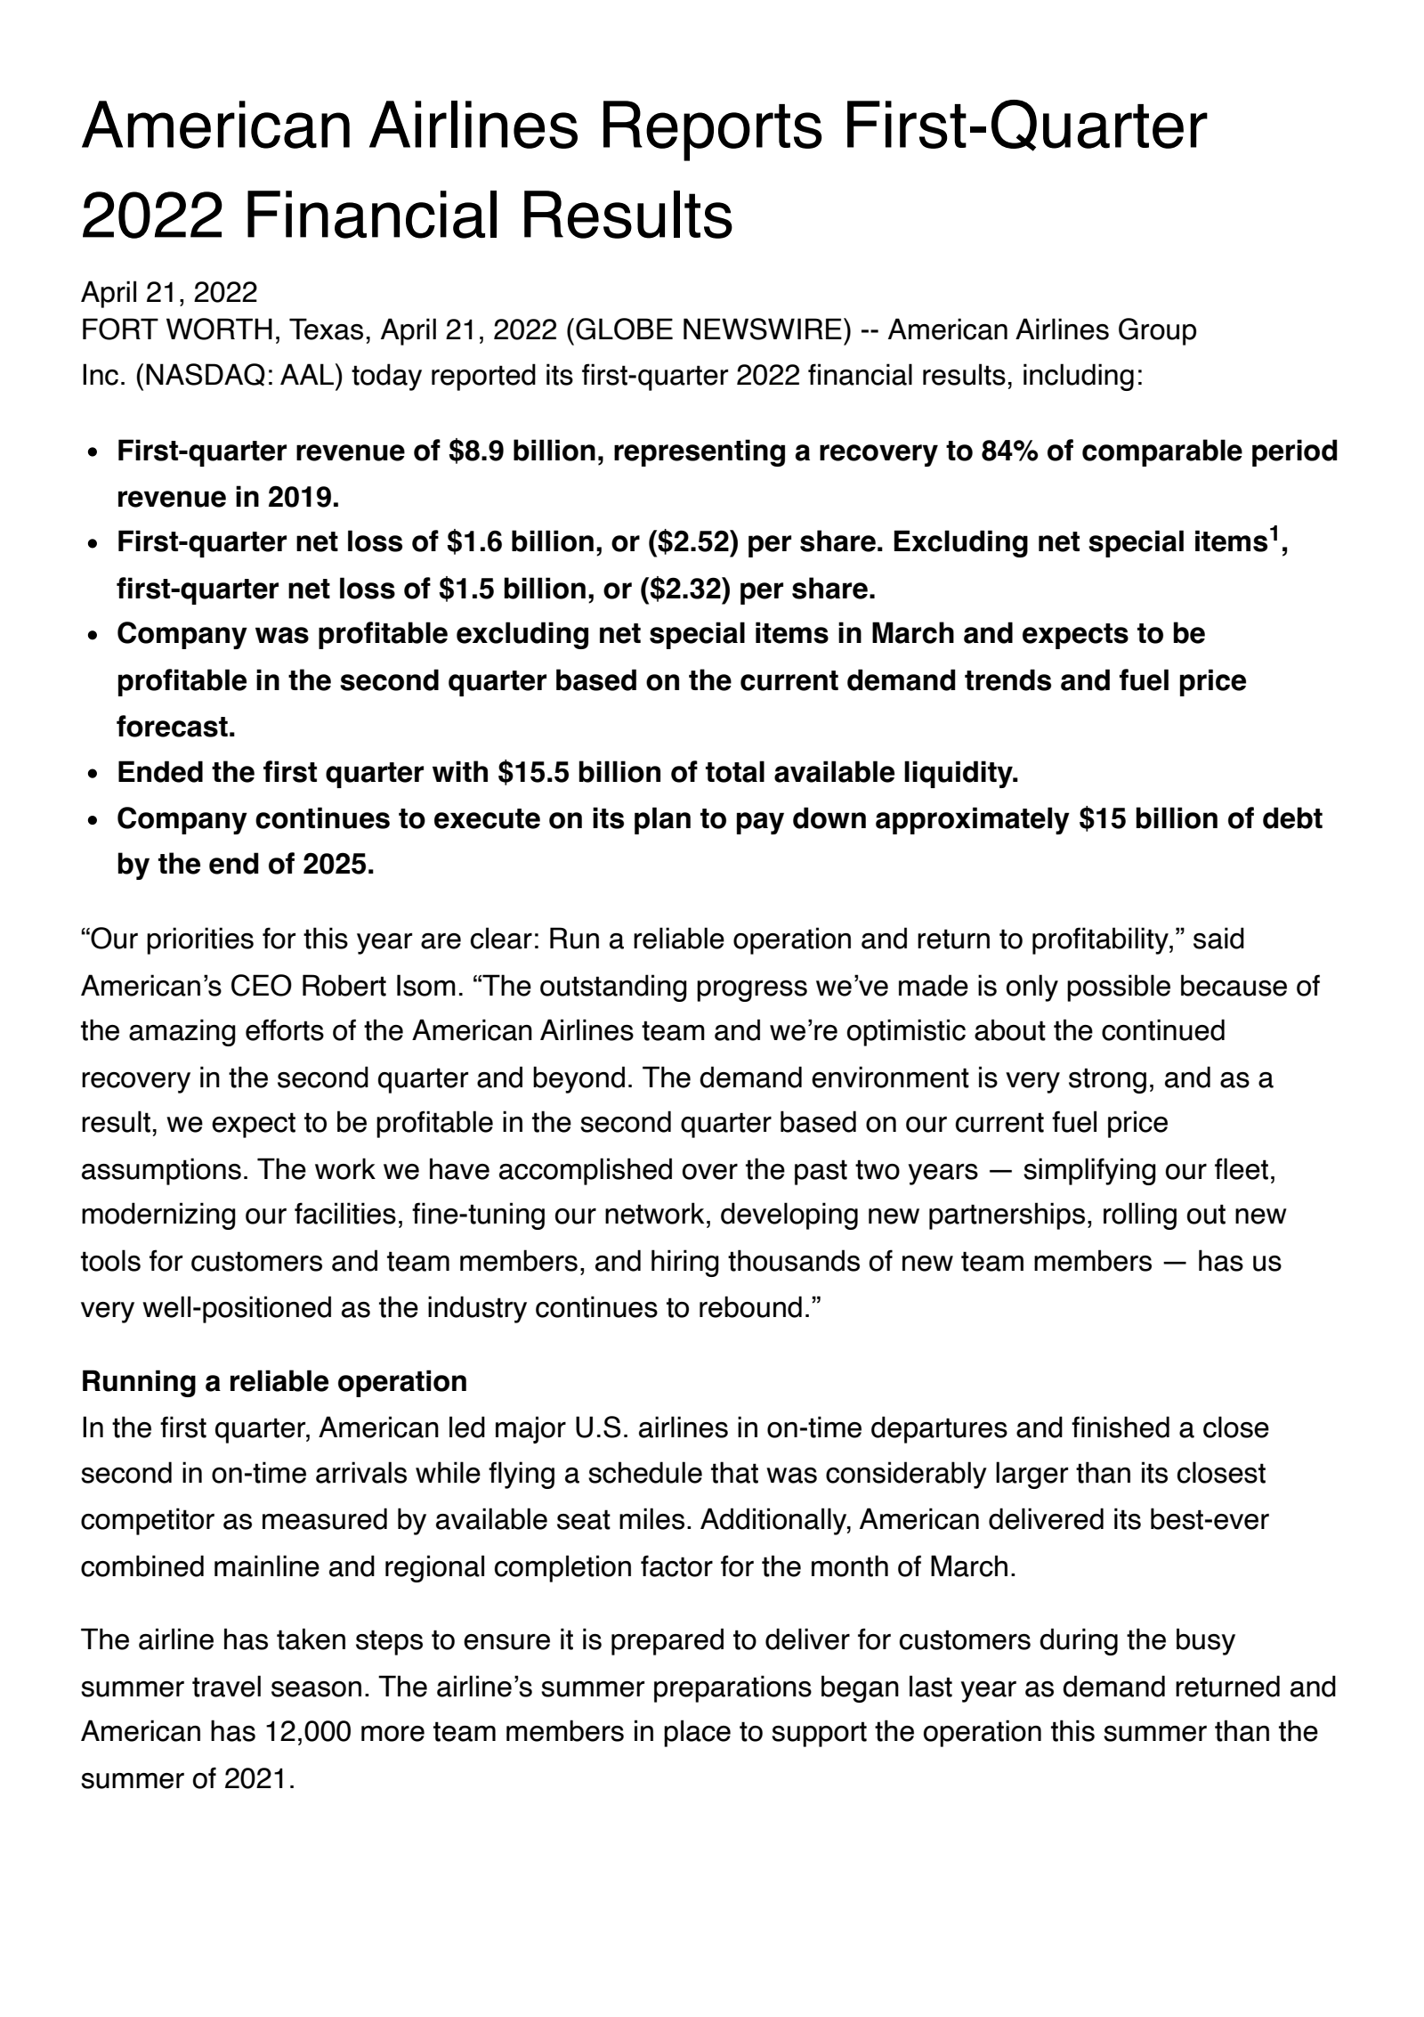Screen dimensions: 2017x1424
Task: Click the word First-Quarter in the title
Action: point(1023,127)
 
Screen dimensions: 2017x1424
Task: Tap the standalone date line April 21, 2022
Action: point(169,292)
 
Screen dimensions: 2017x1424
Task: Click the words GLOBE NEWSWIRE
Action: point(716,330)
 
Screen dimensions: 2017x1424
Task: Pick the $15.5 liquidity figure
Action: point(533,773)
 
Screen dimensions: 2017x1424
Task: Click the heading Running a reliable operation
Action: point(274,1381)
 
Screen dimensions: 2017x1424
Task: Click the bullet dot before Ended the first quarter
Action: point(93,774)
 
